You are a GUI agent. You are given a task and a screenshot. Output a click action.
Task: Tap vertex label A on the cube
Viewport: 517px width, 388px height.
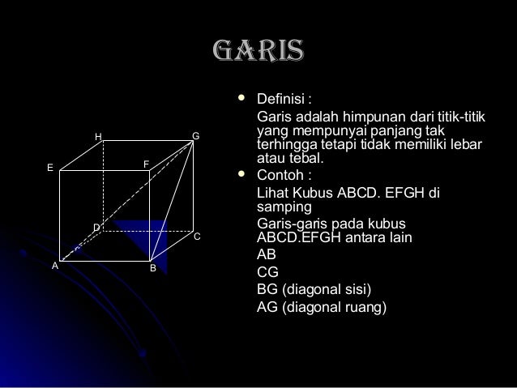pyautogui.click(x=55, y=265)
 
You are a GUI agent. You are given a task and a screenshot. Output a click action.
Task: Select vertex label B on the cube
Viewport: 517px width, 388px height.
pyautogui.click(x=152, y=267)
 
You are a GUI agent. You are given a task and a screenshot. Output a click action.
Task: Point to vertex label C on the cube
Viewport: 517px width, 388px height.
pyautogui.click(x=195, y=236)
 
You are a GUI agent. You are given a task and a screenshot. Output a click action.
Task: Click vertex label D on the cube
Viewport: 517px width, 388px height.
pyautogui.click(x=96, y=228)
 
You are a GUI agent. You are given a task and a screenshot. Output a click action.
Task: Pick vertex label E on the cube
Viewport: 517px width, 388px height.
pyautogui.click(x=49, y=168)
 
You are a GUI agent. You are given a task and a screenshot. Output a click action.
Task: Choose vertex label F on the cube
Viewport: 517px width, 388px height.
pyautogui.click(x=146, y=164)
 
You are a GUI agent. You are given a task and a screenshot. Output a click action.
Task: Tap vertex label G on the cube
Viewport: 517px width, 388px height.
pyautogui.click(x=195, y=135)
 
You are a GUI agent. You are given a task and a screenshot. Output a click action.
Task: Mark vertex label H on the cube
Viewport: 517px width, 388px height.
pyautogui.click(x=98, y=137)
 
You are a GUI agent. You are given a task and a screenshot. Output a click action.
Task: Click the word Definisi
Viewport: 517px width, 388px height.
pyautogui.click(x=280, y=100)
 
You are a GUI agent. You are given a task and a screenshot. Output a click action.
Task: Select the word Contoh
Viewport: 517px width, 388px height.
pyautogui.click(x=280, y=175)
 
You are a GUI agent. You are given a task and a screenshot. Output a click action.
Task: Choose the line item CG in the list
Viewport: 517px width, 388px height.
pyautogui.click(x=267, y=273)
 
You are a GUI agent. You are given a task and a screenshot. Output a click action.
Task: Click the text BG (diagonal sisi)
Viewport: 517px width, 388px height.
pyautogui.click(x=315, y=290)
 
